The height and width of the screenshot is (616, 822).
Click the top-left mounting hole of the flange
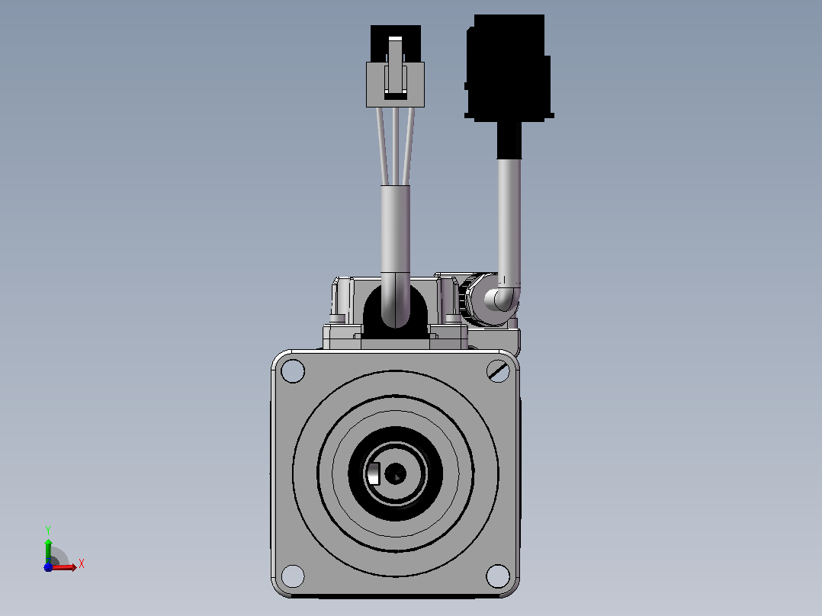pos(293,371)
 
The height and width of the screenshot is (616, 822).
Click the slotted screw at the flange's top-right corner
pos(498,371)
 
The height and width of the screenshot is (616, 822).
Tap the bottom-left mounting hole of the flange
pos(293,576)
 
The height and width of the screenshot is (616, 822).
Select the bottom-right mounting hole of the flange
pos(498,576)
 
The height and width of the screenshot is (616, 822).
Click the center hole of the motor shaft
pos(395,473)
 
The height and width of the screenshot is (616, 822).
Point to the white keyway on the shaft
pos(374,474)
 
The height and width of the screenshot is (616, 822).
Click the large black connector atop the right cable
pos(509,68)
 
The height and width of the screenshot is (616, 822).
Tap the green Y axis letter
pos(48,531)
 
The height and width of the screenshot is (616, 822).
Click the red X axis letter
pos(82,564)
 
